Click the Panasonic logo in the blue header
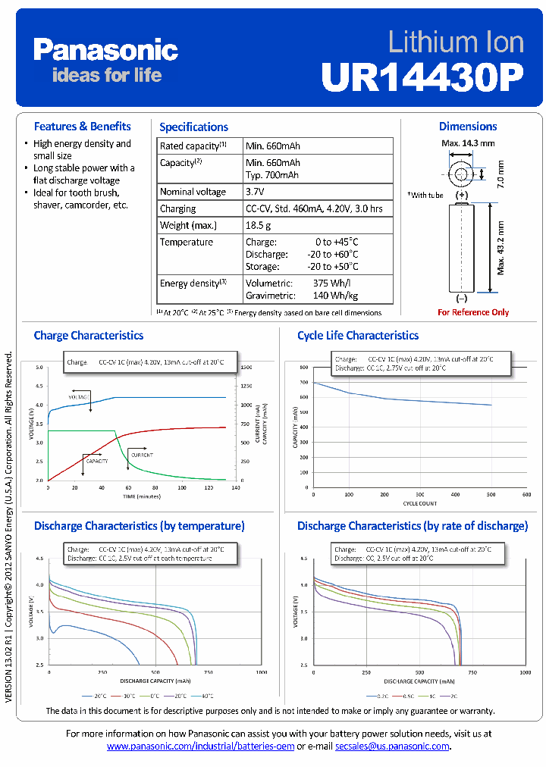point(105,50)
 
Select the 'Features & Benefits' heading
point(82,127)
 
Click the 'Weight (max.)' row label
point(187,225)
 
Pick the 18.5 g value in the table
point(259,225)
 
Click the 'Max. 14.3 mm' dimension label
point(468,142)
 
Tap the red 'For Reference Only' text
point(473,312)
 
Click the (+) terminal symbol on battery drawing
point(462,195)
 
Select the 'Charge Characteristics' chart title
point(88,335)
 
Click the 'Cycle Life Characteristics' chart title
point(357,335)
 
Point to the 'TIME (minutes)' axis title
point(143,496)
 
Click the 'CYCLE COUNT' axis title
point(419,502)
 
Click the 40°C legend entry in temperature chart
point(206,695)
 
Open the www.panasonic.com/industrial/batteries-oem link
point(200,747)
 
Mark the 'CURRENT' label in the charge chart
point(141,455)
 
